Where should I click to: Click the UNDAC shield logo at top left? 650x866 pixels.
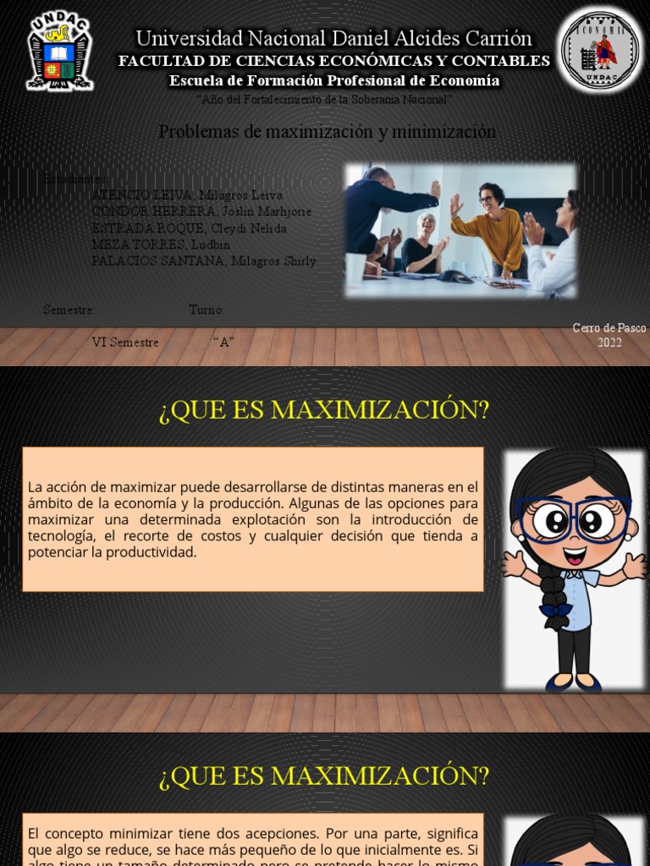(x=59, y=50)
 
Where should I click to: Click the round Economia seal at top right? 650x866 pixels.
(x=600, y=52)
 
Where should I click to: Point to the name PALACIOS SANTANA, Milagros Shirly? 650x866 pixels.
(x=203, y=261)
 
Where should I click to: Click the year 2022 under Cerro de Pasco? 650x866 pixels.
(x=609, y=343)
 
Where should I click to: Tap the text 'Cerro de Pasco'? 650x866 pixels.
(x=609, y=328)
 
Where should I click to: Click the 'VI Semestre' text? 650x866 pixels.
(x=125, y=343)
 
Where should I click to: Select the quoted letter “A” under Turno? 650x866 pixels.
(x=223, y=343)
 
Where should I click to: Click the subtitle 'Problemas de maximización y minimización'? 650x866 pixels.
(x=327, y=132)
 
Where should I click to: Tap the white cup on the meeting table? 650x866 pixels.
(x=355, y=270)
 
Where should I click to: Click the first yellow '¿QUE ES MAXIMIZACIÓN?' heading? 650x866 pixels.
(x=324, y=411)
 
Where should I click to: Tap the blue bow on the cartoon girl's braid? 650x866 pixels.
(x=555, y=609)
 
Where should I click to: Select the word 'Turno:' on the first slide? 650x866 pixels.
(x=207, y=310)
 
